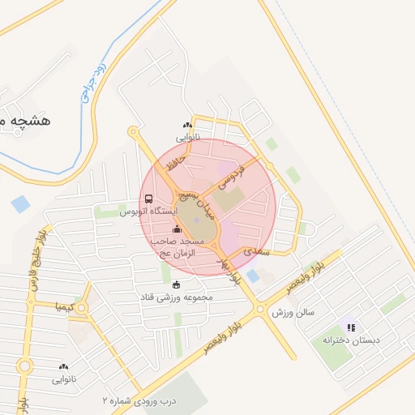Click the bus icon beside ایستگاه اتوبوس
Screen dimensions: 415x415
(148, 199)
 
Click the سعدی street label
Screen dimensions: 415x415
(255, 252)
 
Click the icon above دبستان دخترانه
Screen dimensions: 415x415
(351, 327)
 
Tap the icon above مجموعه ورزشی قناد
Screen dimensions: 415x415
(177, 284)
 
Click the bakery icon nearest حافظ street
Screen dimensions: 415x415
(188, 125)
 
